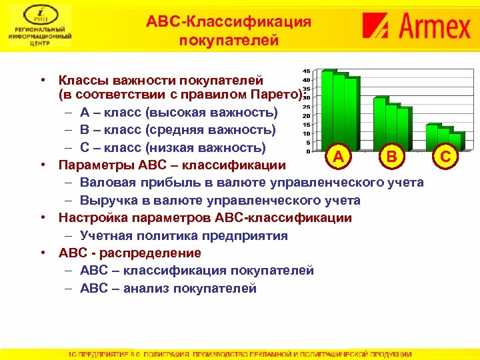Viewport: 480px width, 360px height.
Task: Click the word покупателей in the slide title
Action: click(229, 41)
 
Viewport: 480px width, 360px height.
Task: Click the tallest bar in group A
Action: click(328, 107)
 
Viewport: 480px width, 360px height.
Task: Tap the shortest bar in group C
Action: click(455, 141)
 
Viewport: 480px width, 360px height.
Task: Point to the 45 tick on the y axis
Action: click(305, 71)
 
